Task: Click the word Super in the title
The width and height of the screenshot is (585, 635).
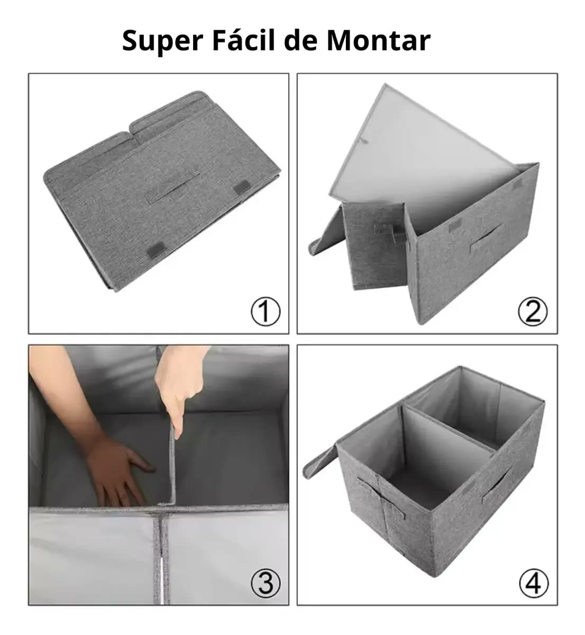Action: pos(162,41)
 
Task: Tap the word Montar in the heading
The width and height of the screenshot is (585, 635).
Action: pos(379,41)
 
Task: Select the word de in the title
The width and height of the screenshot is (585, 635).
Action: pos(301,40)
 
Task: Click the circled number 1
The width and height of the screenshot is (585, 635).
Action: pos(266,312)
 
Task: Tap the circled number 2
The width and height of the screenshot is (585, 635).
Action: pos(533,312)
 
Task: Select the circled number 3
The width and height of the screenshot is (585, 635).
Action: pos(266,583)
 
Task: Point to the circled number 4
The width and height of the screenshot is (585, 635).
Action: pos(534,583)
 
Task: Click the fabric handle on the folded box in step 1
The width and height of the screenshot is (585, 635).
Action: pos(173,188)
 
